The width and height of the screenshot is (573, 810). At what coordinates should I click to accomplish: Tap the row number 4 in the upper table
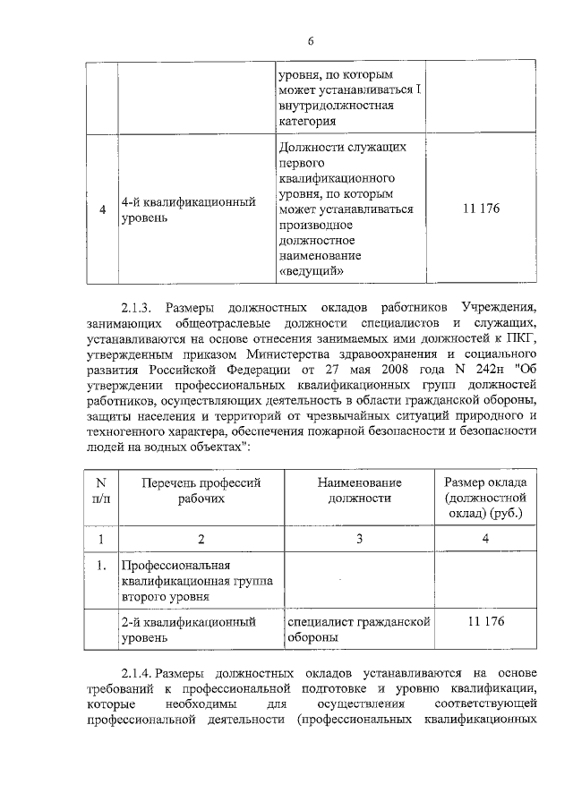103,209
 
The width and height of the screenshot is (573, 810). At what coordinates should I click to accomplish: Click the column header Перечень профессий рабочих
201,490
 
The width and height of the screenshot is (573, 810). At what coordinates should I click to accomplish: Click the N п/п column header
101,490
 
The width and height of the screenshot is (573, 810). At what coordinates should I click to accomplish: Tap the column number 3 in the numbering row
359,539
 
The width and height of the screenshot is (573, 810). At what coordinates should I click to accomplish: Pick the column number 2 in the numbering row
201,539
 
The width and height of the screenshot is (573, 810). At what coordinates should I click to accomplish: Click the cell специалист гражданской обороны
357,629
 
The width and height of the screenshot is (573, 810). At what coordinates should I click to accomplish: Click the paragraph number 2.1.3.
141,305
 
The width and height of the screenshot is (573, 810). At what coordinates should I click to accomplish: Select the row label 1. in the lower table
102,566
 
